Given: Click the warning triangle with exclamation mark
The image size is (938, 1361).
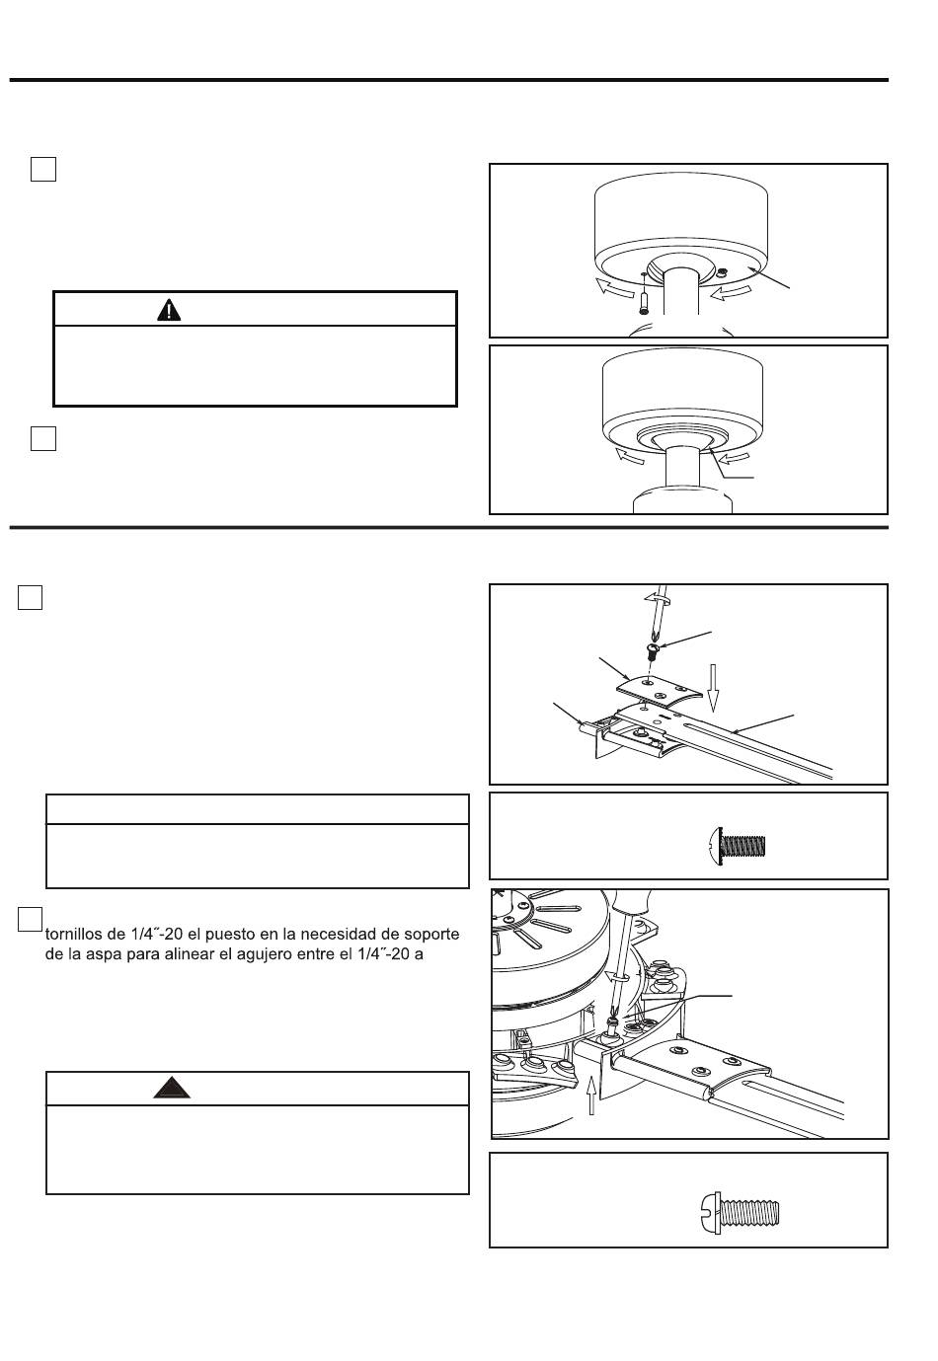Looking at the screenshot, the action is (169, 310).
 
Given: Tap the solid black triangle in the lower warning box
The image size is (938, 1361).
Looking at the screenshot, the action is (172, 1087).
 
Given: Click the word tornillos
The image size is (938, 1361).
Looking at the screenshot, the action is (83, 934).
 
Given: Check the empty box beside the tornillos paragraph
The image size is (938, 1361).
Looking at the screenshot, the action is (30, 919).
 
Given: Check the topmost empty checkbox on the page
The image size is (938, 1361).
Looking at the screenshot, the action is (43, 169).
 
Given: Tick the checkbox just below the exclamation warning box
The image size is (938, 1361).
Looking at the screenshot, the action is (43, 438).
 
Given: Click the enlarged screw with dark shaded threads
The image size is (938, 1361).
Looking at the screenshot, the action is (738, 845).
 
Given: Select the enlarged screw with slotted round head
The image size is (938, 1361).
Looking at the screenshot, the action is (740, 1213).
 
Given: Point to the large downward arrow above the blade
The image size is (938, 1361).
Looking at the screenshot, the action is (713, 688).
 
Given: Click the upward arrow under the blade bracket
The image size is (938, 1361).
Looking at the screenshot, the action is (590, 1095).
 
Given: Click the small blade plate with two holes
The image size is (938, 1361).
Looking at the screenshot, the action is (659, 691).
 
